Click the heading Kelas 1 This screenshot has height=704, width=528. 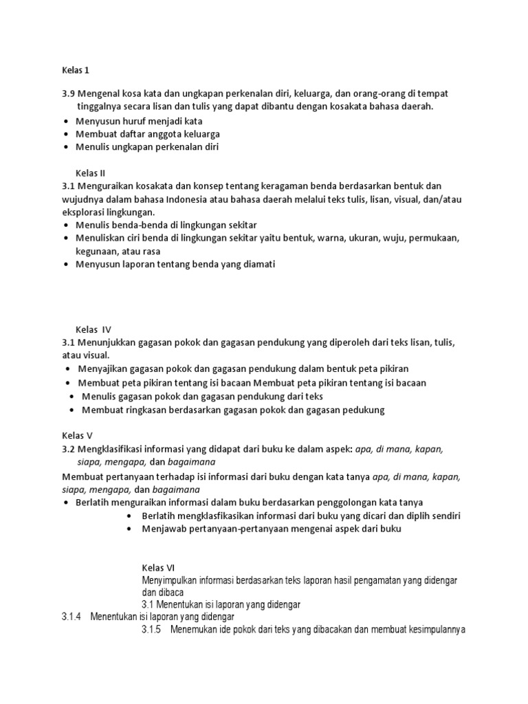pos(76,70)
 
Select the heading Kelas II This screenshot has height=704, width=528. pos(90,173)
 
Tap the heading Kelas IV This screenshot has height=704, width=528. pos(92,330)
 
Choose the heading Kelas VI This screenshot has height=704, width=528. pos(159,568)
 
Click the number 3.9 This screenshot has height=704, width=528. pos(69,93)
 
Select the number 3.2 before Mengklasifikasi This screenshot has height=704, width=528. pos(69,449)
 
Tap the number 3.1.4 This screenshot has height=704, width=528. pos(71,617)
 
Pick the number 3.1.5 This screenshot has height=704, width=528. pos(152,630)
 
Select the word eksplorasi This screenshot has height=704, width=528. pos(85,212)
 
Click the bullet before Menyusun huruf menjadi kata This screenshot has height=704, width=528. pos(65,121)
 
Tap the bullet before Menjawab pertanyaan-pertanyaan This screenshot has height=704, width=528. pos(130,529)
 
